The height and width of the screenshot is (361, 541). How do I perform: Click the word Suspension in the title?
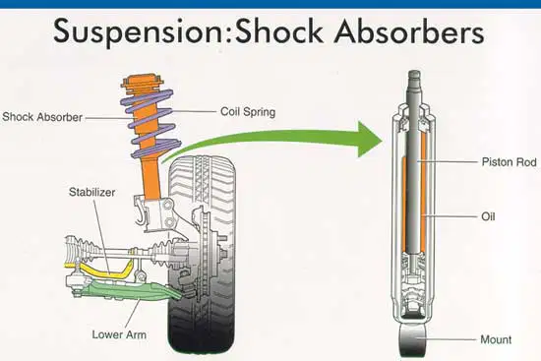point(139,31)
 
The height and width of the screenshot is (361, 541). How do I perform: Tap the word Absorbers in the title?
point(409,30)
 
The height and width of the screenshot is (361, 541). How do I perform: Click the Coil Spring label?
point(248,112)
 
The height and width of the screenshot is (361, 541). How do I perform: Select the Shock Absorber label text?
point(42,117)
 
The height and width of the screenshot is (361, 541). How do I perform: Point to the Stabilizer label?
point(92,192)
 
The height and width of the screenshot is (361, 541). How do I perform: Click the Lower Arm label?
point(119,334)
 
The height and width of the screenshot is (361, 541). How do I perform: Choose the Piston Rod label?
point(509,162)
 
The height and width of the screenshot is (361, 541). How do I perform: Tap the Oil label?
point(488,216)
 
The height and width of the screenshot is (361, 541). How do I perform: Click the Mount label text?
point(496,339)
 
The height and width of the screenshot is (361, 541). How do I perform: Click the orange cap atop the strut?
point(142,82)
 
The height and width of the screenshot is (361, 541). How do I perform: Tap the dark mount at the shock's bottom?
point(413,339)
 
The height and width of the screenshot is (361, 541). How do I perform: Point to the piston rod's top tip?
point(414,72)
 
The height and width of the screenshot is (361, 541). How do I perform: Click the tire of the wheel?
point(202,255)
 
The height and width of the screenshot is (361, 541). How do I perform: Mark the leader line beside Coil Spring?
point(194,111)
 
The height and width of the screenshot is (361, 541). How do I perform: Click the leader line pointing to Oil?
point(450,216)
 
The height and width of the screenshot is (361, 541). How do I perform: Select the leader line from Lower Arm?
point(133,314)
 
